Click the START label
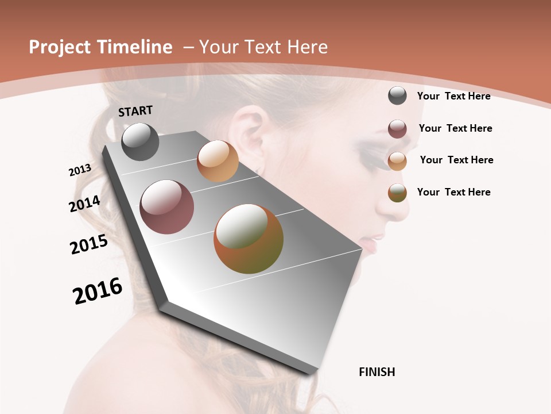tap(135, 111)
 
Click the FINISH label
tap(377, 372)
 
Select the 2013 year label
tap(80, 170)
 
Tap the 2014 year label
tap(84, 204)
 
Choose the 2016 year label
tap(98, 291)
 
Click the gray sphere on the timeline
tap(140, 141)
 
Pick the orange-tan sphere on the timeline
tap(218, 161)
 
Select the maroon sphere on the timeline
tap(167, 207)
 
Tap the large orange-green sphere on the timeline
tap(249, 239)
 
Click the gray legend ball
tap(397, 95)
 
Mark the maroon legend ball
tap(397, 129)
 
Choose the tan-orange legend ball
tap(397, 161)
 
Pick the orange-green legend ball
tap(397, 193)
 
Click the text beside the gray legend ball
tap(453, 96)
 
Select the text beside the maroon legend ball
tap(455, 128)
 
